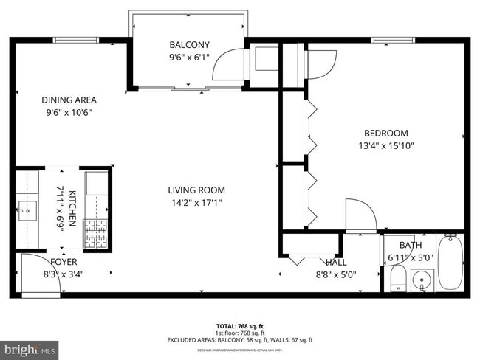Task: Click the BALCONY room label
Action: (189, 44)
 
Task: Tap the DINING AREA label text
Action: (69, 100)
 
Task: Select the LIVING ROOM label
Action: (196, 190)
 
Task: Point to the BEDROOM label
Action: (385, 134)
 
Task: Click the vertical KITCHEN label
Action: (72, 208)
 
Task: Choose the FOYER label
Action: (64, 262)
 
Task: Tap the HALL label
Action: (337, 262)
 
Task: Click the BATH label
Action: (410, 246)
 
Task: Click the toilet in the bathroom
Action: (397, 278)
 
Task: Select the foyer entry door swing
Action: (32, 270)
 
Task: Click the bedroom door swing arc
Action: (360, 215)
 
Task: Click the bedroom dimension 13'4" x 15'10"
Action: (385, 146)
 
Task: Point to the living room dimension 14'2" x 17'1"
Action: (196, 202)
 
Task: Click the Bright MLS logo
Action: (30, 348)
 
